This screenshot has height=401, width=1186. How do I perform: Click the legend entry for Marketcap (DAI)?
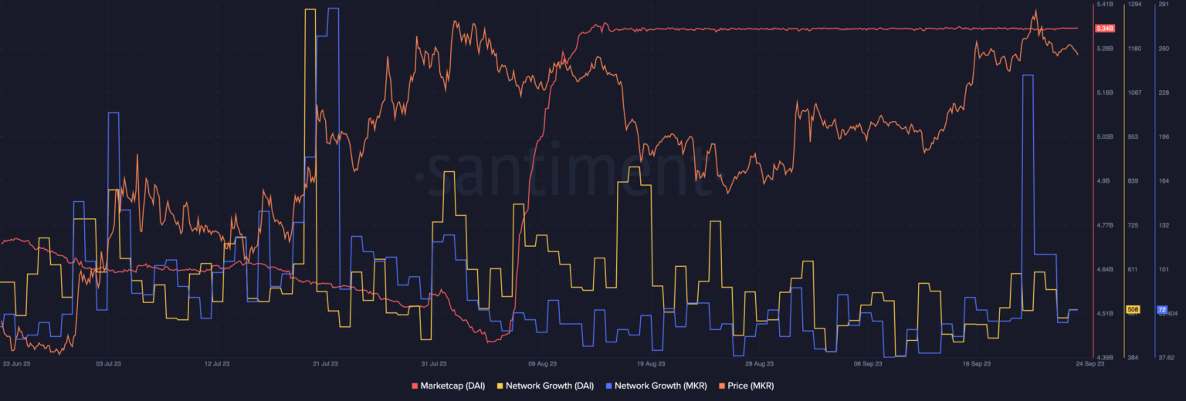pyautogui.click(x=448, y=386)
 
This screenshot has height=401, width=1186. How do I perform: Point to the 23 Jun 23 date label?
pyautogui.click(x=17, y=362)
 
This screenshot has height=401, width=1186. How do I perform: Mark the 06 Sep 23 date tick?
pyautogui.click(x=868, y=362)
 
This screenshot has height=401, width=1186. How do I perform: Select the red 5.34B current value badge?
pyautogui.click(x=1104, y=29)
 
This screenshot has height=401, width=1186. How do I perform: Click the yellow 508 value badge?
pyautogui.click(x=1133, y=309)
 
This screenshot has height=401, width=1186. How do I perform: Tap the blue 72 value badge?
pyautogui.click(x=1161, y=309)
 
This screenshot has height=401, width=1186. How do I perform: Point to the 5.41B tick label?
pyautogui.click(x=1104, y=5)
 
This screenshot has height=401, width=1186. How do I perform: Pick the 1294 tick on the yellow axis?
pyautogui.click(x=1134, y=5)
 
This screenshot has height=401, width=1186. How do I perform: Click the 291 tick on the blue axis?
pyautogui.click(x=1163, y=5)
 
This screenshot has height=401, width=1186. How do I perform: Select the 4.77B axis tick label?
pyautogui.click(x=1104, y=225)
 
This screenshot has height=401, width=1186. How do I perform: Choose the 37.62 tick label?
pyautogui.click(x=1166, y=358)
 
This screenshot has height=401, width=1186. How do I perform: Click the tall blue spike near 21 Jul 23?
pyautogui.click(x=333, y=11)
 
